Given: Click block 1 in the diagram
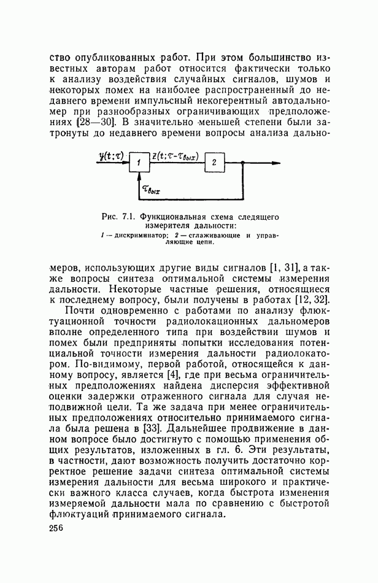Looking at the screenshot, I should click(139, 163).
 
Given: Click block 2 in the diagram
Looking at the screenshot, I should click(214, 163).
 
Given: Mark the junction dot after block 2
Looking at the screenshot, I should click(244, 163).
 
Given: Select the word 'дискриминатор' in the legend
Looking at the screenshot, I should click(134, 235).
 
